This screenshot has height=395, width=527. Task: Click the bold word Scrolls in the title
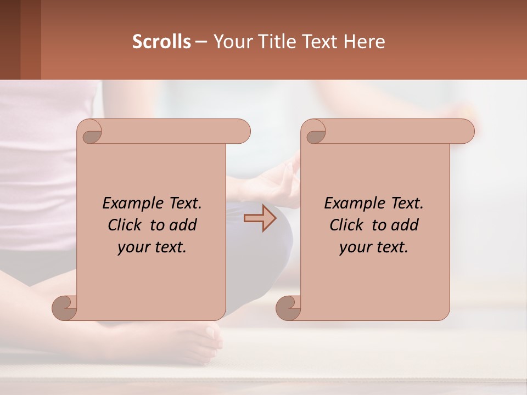(x=161, y=42)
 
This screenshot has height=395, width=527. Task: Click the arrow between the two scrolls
(x=260, y=218)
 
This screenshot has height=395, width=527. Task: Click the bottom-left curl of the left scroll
(x=64, y=307)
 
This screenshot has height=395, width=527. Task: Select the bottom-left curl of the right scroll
(x=288, y=307)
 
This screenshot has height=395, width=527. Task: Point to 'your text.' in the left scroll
(x=152, y=247)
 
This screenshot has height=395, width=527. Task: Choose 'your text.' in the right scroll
(x=374, y=247)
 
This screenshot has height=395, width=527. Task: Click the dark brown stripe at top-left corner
(x=10, y=39)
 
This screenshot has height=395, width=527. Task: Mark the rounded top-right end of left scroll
(x=242, y=132)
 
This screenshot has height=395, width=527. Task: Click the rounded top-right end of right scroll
(x=466, y=132)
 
